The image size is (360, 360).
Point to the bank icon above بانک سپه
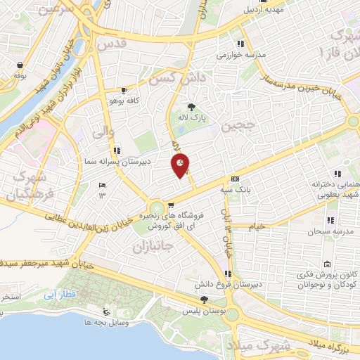(235, 179)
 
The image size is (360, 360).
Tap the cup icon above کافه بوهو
(124, 91)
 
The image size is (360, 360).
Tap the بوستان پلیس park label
(204, 310)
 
